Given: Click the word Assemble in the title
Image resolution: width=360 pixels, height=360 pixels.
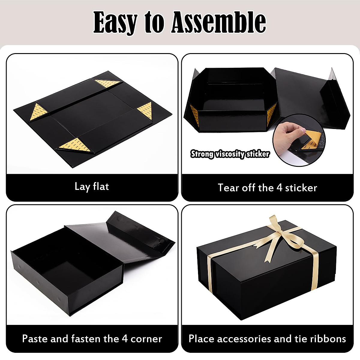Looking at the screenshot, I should (x=218, y=22).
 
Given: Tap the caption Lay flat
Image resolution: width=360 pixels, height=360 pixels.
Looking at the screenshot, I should (x=92, y=187).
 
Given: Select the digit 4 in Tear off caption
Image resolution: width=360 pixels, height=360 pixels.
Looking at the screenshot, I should (x=279, y=188).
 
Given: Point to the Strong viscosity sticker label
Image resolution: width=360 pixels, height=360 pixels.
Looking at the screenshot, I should (x=230, y=154).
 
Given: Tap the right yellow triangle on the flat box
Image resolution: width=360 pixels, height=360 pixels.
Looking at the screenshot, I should (x=145, y=109).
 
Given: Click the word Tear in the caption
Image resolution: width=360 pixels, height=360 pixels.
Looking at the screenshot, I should (x=229, y=188).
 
